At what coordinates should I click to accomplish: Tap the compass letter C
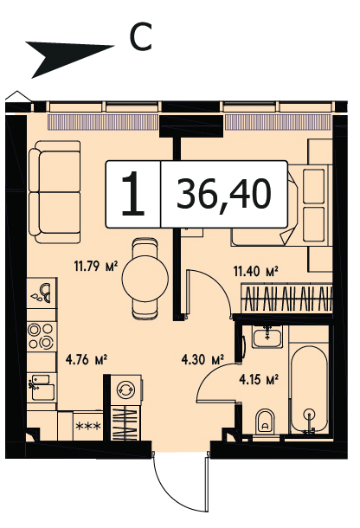(x=141, y=37)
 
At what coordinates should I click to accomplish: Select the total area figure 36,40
(x=223, y=195)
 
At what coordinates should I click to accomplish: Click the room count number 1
(x=133, y=193)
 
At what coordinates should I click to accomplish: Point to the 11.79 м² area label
(x=96, y=267)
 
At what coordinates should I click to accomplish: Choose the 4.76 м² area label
(x=87, y=360)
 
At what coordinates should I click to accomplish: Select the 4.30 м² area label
(x=202, y=360)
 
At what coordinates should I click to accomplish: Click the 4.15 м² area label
(x=259, y=380)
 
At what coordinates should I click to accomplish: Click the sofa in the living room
(x=55, y=192)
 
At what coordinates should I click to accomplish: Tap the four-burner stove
(x=41, y=337)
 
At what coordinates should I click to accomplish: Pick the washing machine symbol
(x=125, y=390)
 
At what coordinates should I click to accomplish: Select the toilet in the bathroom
(x=265, y=422)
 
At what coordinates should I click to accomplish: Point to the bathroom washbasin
(x=267, y=337)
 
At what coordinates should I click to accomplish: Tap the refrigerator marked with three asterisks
(x=88, y=426)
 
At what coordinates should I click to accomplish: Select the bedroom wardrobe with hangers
(x=287, y=299)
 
